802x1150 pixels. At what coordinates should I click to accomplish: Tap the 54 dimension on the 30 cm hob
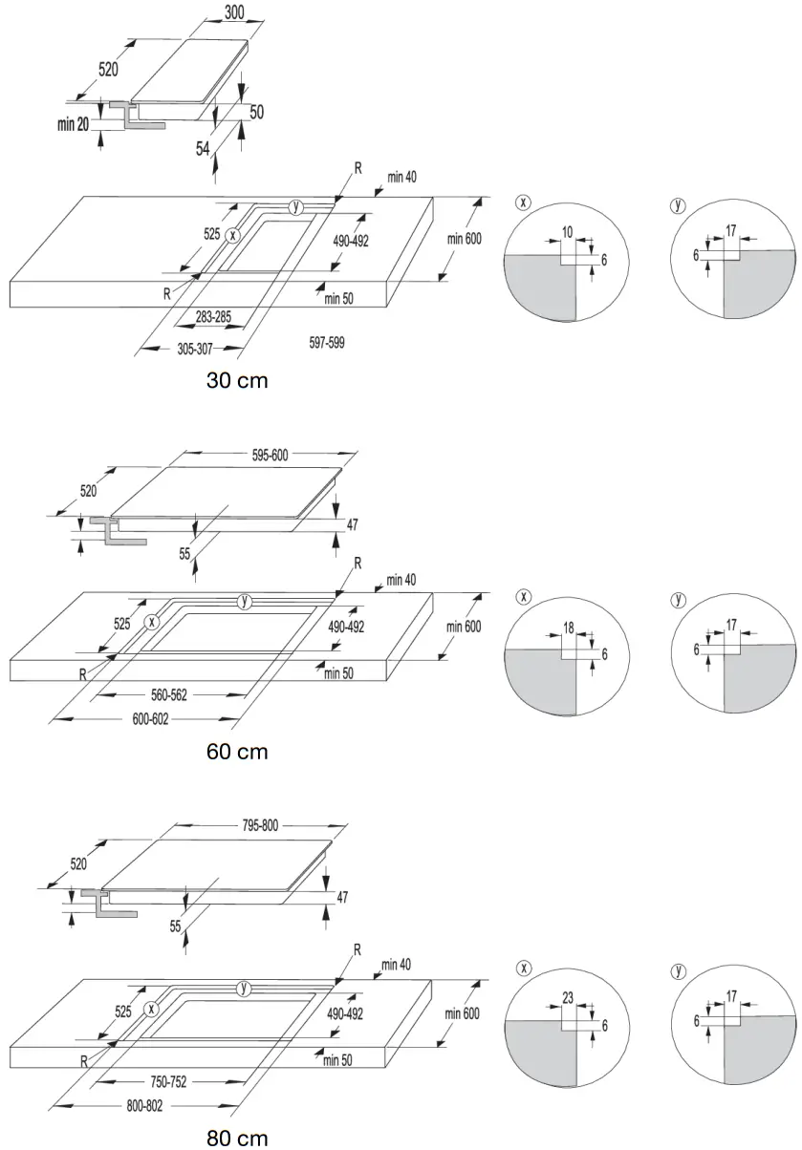[x=204, y=148]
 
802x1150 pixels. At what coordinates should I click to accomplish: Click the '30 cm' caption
[x=237, y=381]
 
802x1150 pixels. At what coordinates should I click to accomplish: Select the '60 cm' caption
[x=237, y=752]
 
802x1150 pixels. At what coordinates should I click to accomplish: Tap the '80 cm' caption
[x=237, y=1138]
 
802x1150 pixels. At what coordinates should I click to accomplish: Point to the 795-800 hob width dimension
[x=257, y=825]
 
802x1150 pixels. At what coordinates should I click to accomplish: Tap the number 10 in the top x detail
[x=567, y=233]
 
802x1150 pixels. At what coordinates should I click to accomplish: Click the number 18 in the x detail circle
[x=568, y=628]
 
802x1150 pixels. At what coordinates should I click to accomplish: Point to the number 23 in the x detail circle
[x=568, y=998]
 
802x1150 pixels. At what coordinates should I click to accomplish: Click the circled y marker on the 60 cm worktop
[x=246, y=601]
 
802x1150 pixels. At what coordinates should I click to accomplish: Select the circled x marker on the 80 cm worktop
[x=150, y=1010]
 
